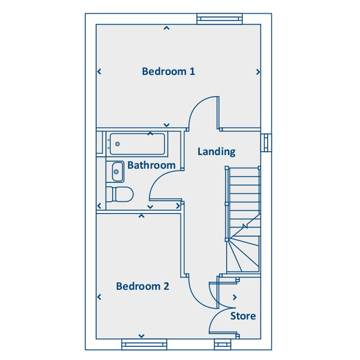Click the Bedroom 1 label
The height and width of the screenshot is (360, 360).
pos(168,72)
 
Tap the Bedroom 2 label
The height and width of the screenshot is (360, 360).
pos(143,286)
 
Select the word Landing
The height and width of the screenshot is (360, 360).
pos(216,152)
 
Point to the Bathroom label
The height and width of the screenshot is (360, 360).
pos(151,165)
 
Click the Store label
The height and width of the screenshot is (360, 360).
pos(243,316)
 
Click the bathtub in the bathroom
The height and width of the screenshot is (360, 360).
pos(137,144)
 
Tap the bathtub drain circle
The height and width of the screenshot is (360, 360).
pos(117,144)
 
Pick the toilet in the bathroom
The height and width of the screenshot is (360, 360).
pos(120,194)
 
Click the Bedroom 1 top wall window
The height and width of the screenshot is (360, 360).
pos(220,19)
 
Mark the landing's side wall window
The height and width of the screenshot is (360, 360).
pos(266,143)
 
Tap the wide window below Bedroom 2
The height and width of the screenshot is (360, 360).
pos(144,344)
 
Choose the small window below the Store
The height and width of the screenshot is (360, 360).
pos(222,344)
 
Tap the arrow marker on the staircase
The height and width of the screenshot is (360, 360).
pos(245,226)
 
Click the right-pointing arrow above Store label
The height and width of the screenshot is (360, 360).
pos(234,297)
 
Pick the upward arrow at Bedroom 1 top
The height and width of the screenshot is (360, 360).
pos(166,28)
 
